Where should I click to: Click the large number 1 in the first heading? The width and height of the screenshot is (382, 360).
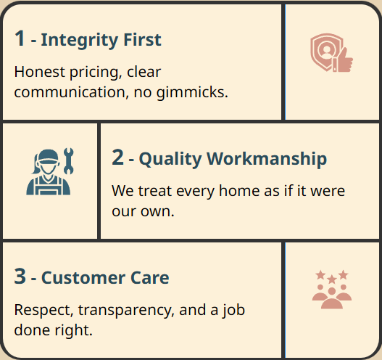click(x=20, y=38)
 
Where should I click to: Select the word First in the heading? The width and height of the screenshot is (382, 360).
click(x=143, y=39)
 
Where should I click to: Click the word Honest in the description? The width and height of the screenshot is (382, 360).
click(x=40, y=72)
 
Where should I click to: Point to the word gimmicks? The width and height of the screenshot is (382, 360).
click(x=192, y=93)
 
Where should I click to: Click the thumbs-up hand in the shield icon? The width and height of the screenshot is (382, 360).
click(x=344, y=60)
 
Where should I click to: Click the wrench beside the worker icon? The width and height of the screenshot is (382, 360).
click(x=68, y=161)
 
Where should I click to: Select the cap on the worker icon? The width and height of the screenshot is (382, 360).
click(x=49, y=156)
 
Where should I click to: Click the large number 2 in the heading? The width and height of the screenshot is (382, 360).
click(x=117, y=157)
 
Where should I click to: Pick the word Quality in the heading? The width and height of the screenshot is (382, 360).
click(x=170, y=160)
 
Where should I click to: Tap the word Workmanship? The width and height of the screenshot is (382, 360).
click(x=267, y=158)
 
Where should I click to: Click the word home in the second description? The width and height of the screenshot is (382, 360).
click(x=239, y=190)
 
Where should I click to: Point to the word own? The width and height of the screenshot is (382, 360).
click(x=157, y=211)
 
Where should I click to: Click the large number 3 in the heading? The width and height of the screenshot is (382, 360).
click(x=20, y=276)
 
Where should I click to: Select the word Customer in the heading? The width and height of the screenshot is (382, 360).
click(x=83, y=278)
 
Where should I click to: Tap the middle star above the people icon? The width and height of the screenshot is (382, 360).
click(x=332, y=279)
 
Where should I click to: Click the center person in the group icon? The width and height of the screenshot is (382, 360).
click(x=332, y=298)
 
